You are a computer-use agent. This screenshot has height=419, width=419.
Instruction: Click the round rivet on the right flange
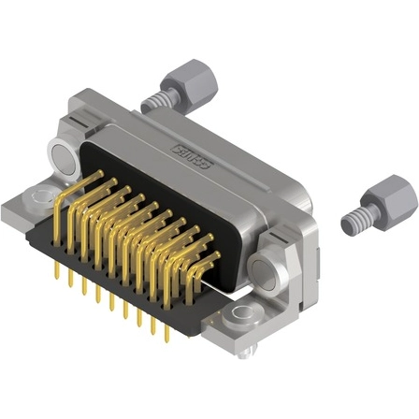click(x=267, y=274)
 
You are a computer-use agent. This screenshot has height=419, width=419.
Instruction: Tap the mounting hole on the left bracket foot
click(x=37, y=197)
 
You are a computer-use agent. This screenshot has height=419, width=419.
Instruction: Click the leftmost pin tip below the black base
click(x=58, y=273)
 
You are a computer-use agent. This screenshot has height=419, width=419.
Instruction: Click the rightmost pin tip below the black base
click(x=167, y=334)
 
